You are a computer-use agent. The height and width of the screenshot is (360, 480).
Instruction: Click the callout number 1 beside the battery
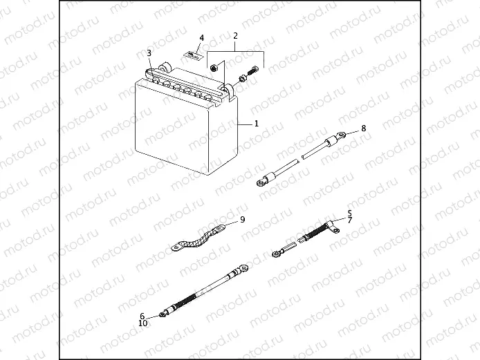point(256,124)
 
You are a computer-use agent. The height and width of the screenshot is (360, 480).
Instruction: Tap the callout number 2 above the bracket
point(235,36)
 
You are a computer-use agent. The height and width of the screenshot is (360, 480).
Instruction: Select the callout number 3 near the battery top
point(149,53)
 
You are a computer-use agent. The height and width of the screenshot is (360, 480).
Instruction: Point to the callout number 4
point(201,38)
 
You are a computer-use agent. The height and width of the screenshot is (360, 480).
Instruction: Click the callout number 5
point(349,213)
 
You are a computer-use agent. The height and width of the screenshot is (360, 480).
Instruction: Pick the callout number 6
point(142,316)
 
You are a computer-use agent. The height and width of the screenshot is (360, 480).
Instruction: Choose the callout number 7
point(349,220)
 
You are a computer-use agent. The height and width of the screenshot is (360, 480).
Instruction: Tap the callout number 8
point(363,128)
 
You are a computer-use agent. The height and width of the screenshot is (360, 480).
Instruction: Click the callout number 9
point(243,220)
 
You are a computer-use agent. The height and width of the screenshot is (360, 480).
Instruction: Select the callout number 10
point(143,323)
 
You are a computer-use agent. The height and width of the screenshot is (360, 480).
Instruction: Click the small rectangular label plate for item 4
point(193,55)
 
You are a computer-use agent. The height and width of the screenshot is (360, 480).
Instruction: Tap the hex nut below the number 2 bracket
point(213,68)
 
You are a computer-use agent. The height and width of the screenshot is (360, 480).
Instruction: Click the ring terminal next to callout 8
point(342,134)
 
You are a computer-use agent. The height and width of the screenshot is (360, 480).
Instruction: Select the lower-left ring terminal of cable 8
point(261,183)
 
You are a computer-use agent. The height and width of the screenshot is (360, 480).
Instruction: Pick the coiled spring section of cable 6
point(186,299)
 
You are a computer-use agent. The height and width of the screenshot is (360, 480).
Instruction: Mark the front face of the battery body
point(172,129)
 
